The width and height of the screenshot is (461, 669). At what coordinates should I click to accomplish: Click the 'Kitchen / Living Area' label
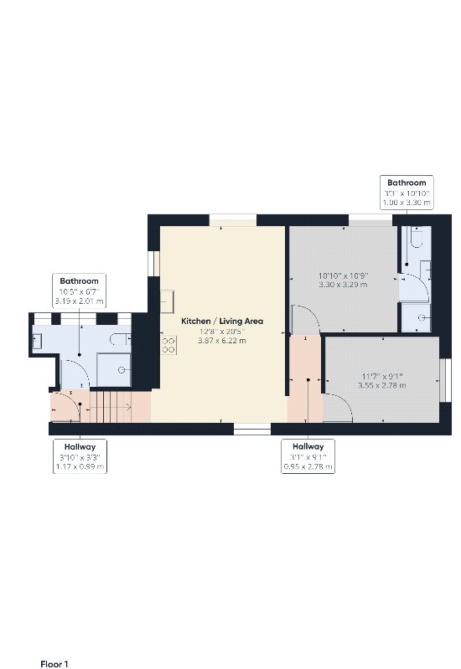tap(222, 321)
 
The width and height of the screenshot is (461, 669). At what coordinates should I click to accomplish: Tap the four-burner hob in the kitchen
tap(168, 345)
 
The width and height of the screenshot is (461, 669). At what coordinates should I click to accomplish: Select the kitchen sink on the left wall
tap(167, 301)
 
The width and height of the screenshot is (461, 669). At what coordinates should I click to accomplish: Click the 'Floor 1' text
tap(54, 664)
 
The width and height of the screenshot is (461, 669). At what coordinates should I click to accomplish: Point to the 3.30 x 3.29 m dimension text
tap(343, 285)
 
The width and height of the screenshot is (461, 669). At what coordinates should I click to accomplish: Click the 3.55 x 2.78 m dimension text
tap(382, 385)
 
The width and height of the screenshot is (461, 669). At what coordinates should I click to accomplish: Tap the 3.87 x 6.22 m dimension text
tap(222, 341)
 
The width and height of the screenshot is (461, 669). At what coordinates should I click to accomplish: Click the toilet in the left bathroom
tap(121, 339)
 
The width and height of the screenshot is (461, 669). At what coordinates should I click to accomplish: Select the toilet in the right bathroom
tap(416, 237)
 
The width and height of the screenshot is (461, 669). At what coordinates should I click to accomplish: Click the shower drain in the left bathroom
tap(122, 370)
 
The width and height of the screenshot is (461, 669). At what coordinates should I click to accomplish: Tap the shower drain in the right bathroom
tap(422, 317)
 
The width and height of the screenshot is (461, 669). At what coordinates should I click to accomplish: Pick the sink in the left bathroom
tap(37, 342)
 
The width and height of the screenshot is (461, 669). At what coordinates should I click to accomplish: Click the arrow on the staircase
tap(111, 408)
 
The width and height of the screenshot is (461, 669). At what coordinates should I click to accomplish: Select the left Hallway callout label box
tap(80, 456)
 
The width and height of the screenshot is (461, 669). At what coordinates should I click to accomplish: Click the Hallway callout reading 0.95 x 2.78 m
tap(308, 456)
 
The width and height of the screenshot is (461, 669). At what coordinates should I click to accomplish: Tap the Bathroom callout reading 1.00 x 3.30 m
tap(407, 193)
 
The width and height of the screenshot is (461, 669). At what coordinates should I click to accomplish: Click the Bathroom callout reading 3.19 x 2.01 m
tap(79, 291)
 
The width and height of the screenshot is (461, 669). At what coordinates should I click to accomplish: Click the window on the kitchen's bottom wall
tap(252, 429)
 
